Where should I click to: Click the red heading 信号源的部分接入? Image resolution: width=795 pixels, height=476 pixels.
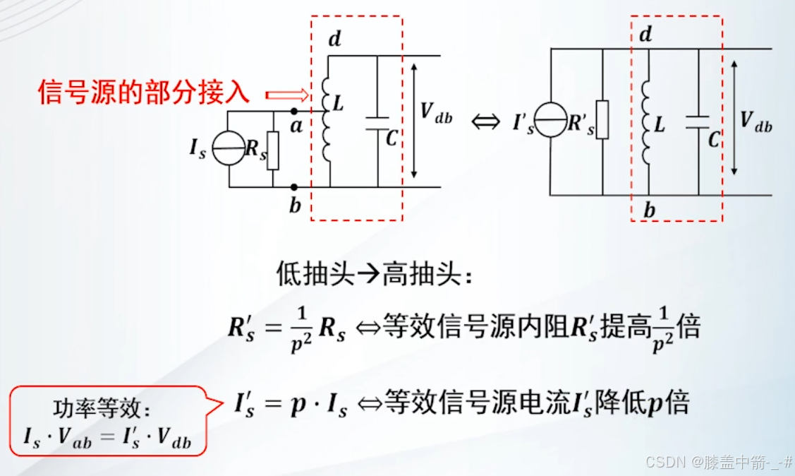(x=145, y=93)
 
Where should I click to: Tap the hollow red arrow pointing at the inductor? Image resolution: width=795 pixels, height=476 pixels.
(x=286, y=94)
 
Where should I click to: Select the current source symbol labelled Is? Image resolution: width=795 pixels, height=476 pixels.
(x=228, y=149)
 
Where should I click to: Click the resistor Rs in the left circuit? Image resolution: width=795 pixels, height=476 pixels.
(x=273, y=150)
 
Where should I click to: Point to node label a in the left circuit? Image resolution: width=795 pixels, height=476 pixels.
(x=297, y=126)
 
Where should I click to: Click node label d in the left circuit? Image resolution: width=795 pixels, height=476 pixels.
(x=334, y=39)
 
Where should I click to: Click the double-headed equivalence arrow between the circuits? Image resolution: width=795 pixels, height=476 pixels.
(x=485, y=121)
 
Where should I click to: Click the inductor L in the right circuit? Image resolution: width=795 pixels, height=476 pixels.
(x=646, y=119)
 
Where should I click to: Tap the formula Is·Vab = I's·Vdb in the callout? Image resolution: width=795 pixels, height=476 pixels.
(x=108, y=439)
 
